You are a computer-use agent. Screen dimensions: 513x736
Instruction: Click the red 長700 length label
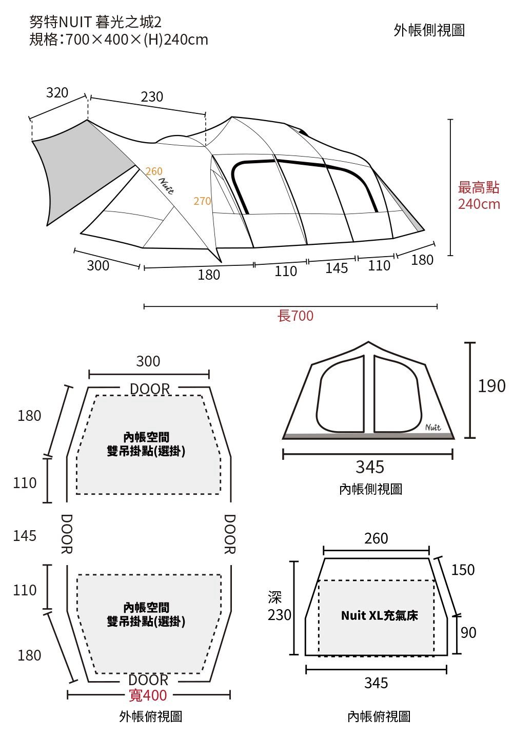295,316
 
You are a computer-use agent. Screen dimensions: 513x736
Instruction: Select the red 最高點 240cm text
479,196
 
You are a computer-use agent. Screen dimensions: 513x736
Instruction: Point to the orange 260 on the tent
154,171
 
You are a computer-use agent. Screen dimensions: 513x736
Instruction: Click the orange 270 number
202,201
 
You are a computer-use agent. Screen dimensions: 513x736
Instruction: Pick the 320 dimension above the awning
57,93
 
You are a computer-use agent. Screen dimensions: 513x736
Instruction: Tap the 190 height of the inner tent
491,386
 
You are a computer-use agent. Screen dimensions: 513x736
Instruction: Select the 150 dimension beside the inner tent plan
463,570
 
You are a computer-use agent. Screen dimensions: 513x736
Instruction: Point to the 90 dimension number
468,632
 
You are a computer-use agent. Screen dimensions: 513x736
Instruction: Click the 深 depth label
275,597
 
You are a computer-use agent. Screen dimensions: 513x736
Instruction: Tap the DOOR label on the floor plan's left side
66,534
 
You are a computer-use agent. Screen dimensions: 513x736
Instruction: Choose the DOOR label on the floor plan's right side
230,534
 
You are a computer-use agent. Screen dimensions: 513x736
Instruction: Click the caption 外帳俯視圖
150,716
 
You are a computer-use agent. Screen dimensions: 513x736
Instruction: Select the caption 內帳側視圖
370,489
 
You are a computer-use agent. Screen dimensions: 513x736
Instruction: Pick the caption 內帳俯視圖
379,716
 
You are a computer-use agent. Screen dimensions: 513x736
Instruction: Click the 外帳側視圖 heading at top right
429,30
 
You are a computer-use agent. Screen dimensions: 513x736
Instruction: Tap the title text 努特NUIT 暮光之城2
95,23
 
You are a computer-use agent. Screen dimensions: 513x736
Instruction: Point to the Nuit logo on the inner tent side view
433,427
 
